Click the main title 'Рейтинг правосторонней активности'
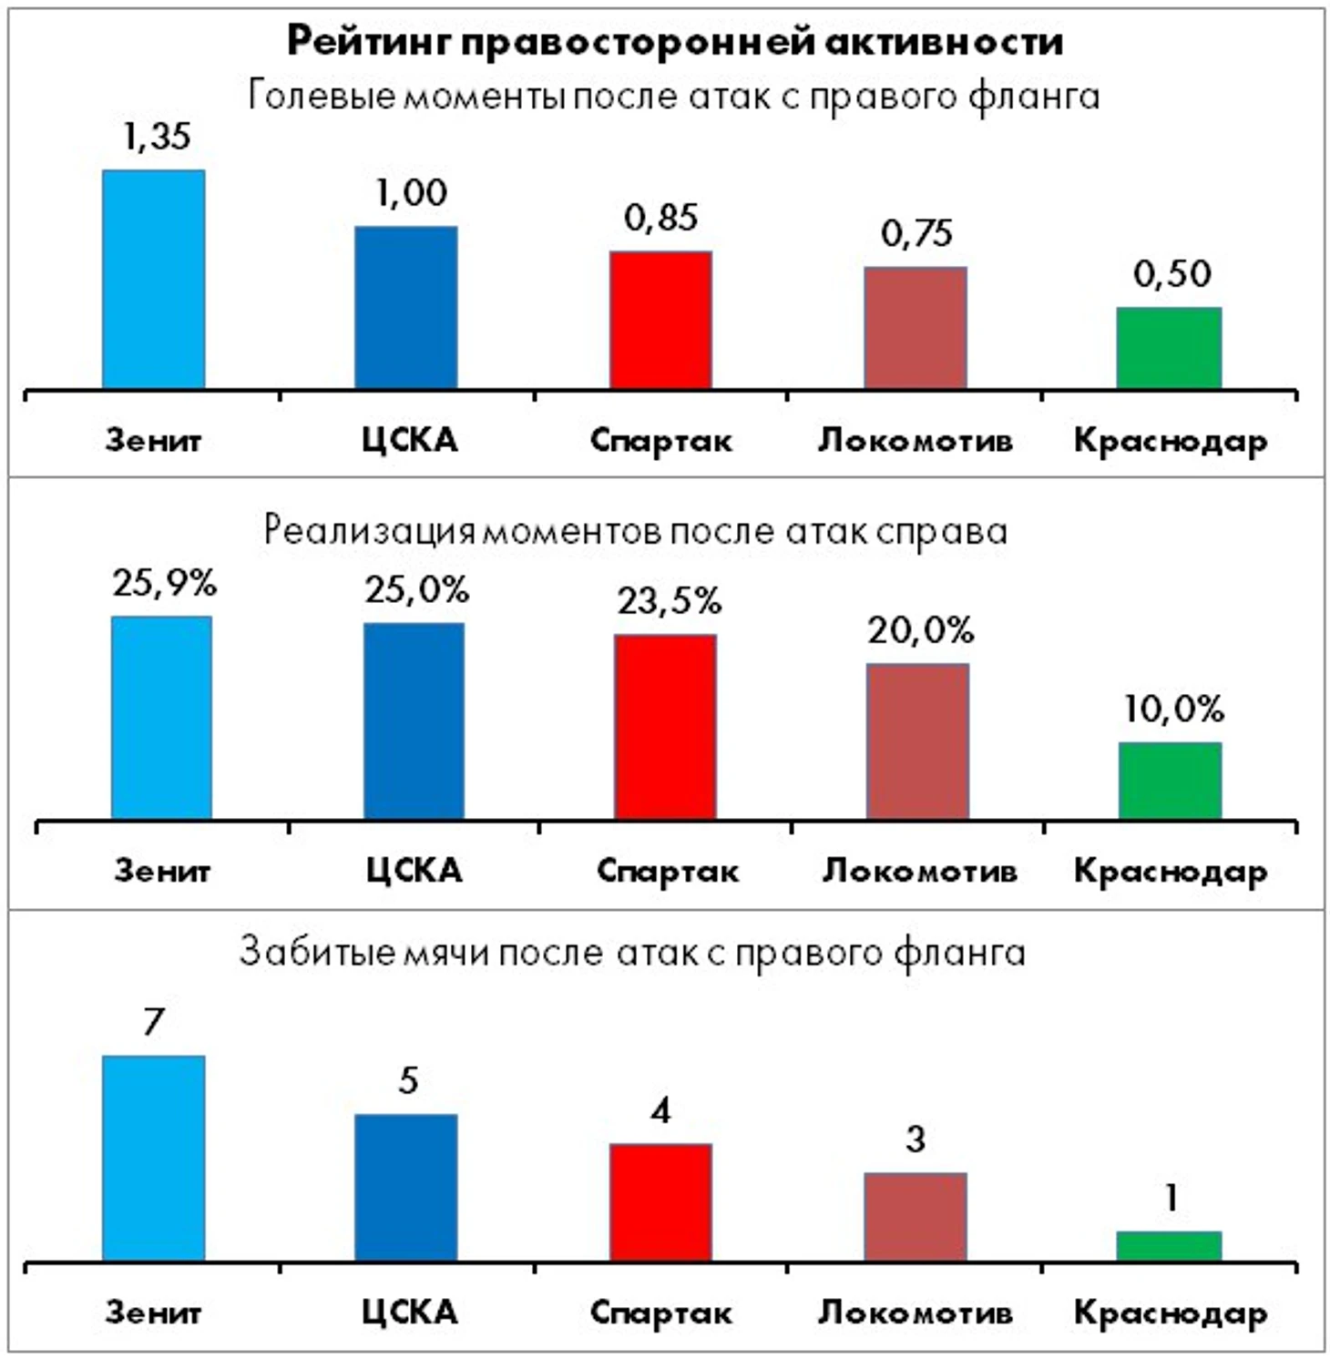click(675, 42)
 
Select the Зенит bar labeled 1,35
click(153, 280)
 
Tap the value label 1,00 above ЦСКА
click(412, 193)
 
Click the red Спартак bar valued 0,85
click(660, 321)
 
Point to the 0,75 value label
click(916, 234)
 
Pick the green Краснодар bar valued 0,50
click(1169, 348)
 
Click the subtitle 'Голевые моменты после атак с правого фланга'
click(674, 97)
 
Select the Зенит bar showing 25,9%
click(161, 718)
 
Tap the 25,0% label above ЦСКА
click(416, 591)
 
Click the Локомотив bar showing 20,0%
click(917, 741)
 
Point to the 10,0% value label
click(1172, 710)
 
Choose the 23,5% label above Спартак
click(669, 601)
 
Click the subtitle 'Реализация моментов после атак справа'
click(636, 531)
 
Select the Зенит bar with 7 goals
click(153, 1158)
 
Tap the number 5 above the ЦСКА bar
click(408, 1081)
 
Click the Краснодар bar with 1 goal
click(1169, 1246)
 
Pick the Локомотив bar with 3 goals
click(916, 1217)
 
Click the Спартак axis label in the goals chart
click(660, 1313)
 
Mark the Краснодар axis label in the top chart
click(1170, 441)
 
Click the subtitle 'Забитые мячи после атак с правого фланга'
click(632, 953)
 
